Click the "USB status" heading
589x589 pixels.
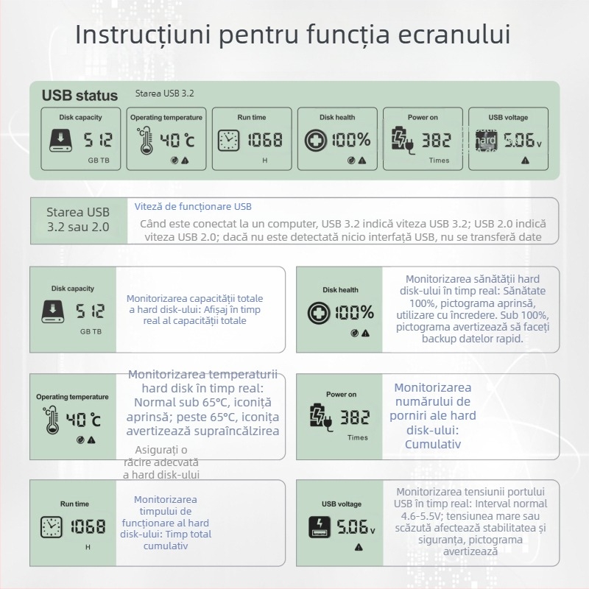(80, 95)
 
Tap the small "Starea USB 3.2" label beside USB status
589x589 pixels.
(164, 94)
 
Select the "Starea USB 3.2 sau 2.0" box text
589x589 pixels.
(78, 219)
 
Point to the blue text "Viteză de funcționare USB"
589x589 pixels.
(193, 207)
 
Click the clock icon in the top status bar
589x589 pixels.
(228, 140)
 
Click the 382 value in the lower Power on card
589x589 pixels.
(355, 417)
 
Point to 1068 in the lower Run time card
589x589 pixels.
(87, 526)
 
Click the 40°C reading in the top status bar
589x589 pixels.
(177, 140)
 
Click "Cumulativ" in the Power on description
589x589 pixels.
(433, 444)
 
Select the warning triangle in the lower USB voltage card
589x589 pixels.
(359, 547)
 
